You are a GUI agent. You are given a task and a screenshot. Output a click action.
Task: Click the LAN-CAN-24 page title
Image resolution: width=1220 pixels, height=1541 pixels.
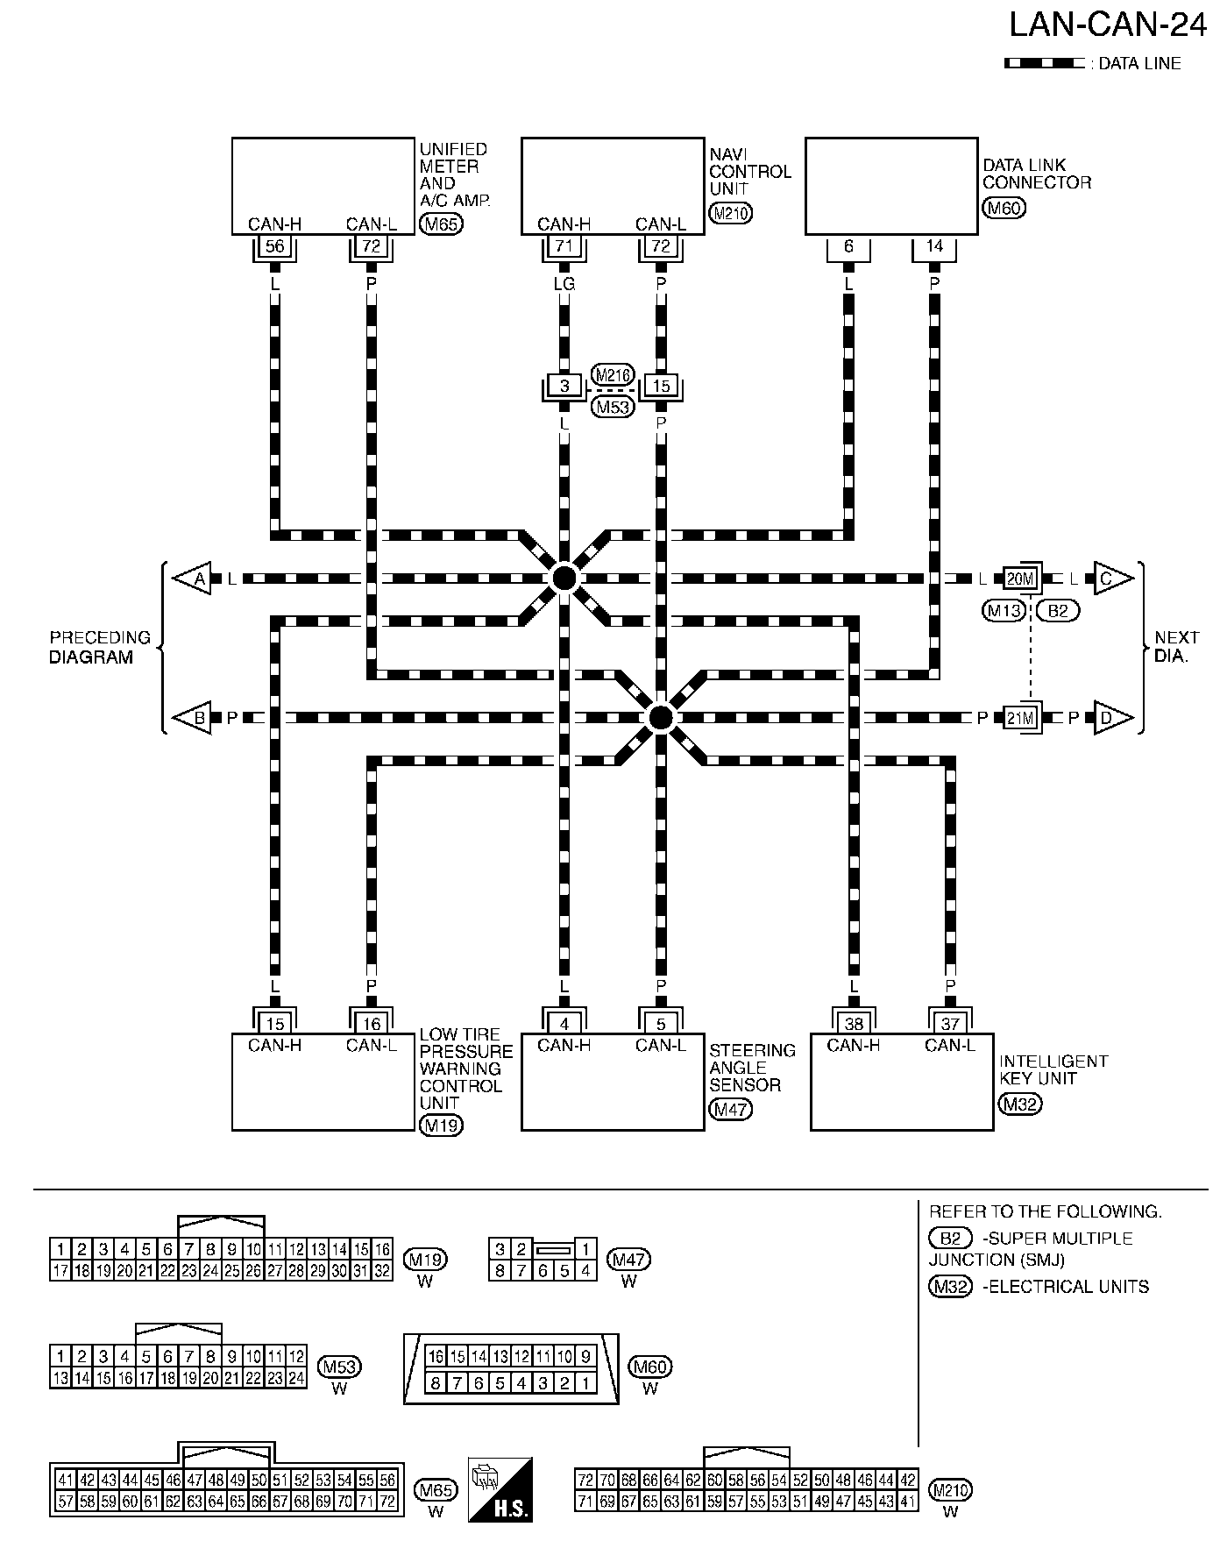click(1108, 25)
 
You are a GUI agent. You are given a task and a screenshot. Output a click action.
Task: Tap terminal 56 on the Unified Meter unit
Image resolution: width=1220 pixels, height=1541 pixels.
click(275, 247)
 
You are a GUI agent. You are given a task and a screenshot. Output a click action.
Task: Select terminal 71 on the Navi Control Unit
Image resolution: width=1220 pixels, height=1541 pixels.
click(564, 247)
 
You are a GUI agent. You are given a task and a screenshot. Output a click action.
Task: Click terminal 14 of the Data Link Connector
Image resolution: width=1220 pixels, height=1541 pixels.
click(934, 247)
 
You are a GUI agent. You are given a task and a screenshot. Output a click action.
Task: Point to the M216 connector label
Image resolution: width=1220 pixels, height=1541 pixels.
click(612, 375)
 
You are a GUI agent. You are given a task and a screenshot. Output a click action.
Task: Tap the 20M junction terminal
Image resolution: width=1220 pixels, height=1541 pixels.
click(1021, 579)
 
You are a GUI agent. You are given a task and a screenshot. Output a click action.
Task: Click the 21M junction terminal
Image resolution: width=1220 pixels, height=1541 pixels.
click(1021, 718)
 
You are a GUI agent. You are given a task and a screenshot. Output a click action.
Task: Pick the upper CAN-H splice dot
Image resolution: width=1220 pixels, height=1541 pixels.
click(564, 579)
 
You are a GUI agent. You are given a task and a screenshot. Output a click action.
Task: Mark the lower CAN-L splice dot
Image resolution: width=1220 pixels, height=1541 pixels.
click(661, 718)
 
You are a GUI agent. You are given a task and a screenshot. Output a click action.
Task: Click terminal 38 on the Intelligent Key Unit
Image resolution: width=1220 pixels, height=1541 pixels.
click(853, 1023)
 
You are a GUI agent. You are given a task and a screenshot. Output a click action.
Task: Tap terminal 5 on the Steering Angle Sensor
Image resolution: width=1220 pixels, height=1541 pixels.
click(661, 1023)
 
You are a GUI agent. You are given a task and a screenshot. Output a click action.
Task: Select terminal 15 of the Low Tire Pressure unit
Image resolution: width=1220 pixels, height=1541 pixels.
click(275, 1023)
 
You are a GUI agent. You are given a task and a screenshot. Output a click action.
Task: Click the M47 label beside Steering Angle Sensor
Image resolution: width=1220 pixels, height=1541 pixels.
click(731, 1109)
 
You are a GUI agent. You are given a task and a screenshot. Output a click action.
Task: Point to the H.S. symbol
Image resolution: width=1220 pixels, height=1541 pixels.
click(500, 1489)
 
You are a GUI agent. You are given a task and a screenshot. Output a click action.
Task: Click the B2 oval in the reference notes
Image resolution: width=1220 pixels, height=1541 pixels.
click(950, 1239)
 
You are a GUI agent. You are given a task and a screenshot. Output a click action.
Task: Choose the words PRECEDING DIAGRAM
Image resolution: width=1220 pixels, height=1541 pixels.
click(100, 647)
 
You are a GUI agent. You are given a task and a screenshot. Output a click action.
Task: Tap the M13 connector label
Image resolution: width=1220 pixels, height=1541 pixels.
click(1004, 610)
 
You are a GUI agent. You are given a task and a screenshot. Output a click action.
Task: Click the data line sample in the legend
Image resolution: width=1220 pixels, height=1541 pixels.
click(1044, 63)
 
